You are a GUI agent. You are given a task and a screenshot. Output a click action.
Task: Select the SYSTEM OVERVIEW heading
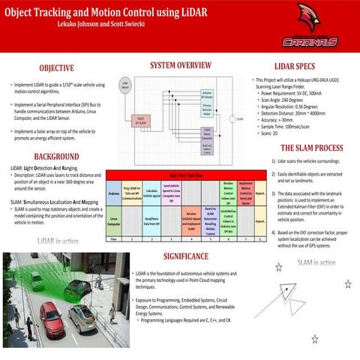184,65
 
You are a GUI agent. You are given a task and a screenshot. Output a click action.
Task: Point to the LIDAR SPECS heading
299,66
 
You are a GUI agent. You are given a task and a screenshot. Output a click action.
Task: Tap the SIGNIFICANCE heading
184,256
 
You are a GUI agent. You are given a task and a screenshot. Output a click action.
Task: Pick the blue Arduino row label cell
115,193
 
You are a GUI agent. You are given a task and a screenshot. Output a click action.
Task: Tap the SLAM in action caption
316,262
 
